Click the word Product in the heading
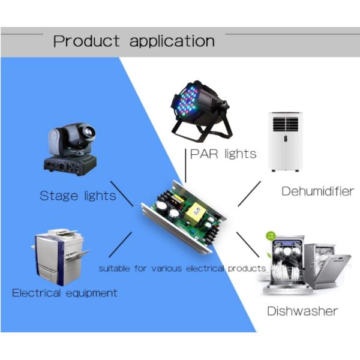coord(86,41)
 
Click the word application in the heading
coord(172,41)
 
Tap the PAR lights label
coord(223,154)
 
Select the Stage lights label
coord(77,196)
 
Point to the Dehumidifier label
coord(317,191)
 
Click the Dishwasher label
coord(302,311)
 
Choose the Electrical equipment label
coord(65,293)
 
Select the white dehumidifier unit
coord(284,141)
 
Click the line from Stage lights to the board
coord(122,193)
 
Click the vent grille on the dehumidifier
coord(284,124)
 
